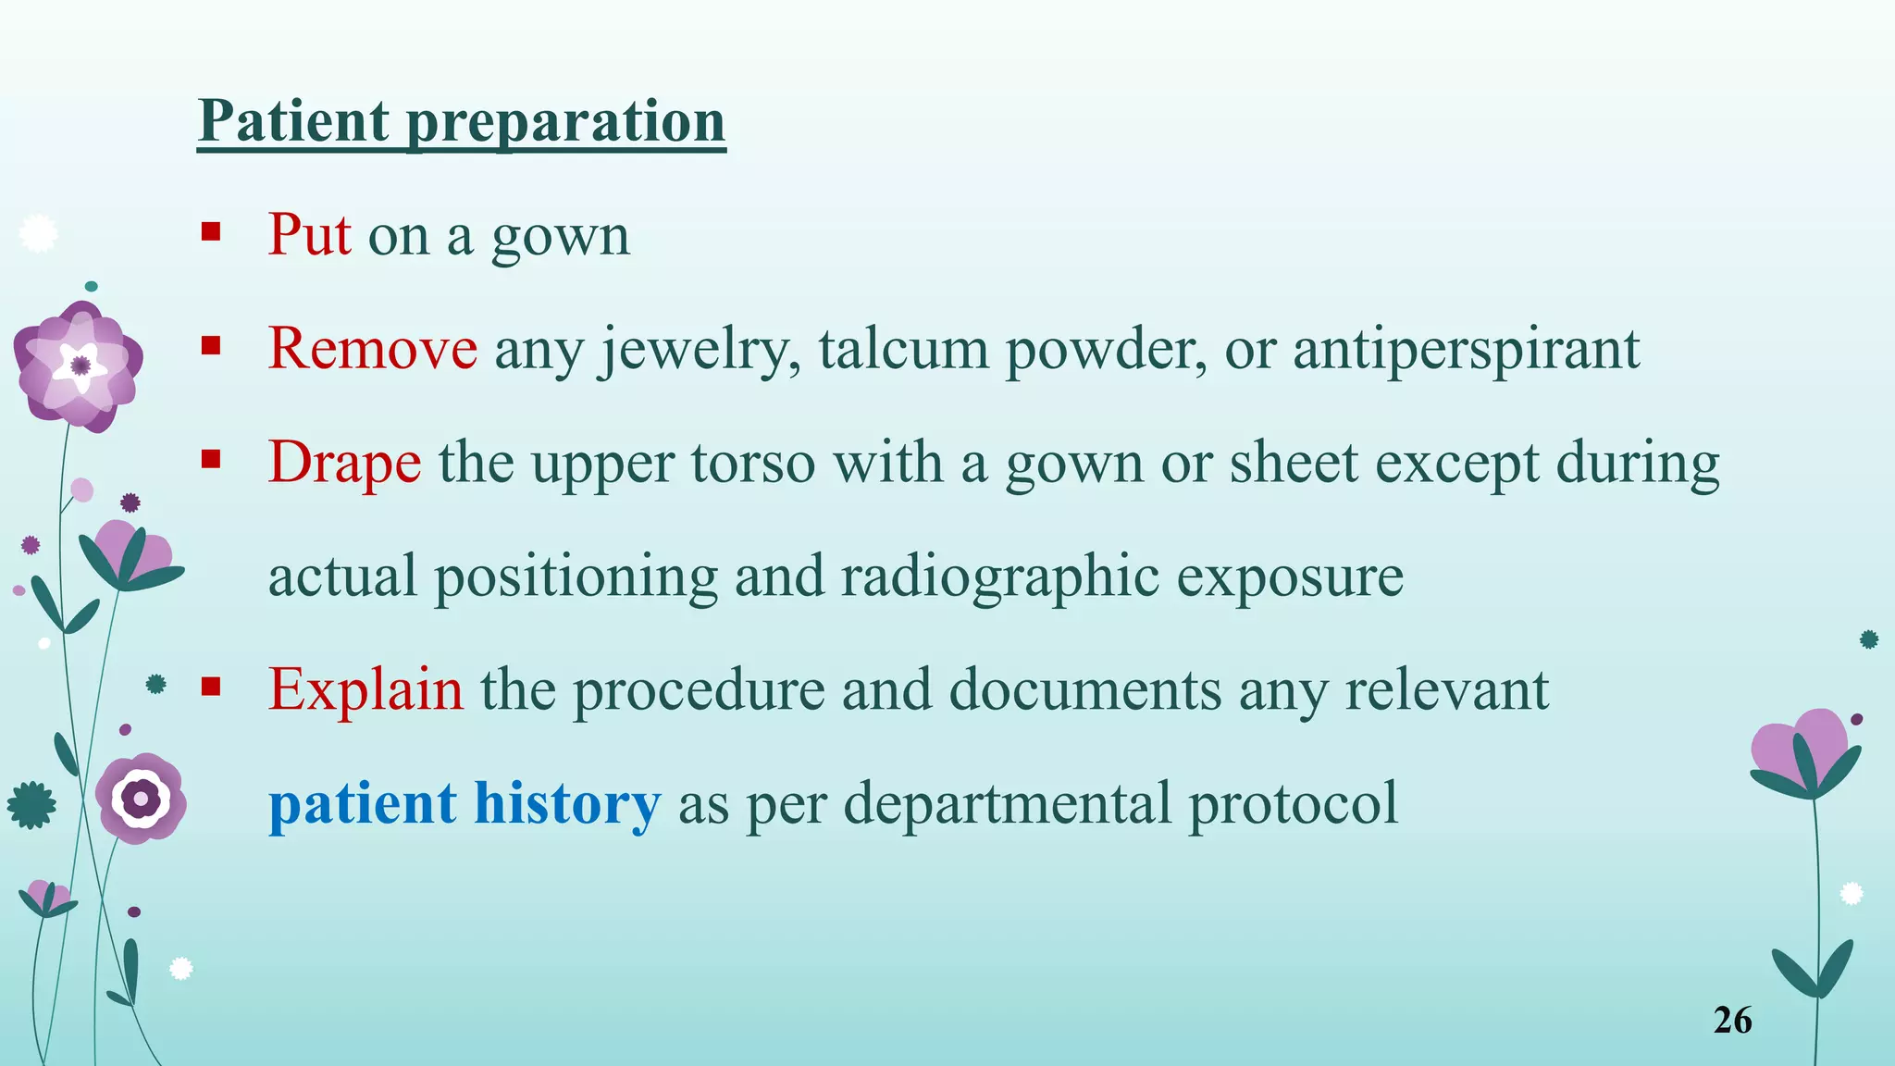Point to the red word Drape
(x=344, y=462)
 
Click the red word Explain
(x=365, y=689)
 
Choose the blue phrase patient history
(x=464, y=802)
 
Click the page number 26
(x=1732, y=1020)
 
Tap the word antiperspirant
(x=1466, y=350)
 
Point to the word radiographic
(x=1000, y=576)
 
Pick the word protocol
(x=1293, y=802)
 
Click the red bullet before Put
(x=211, y=230)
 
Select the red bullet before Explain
(x=211, y=686)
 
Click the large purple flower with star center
(x=80, y=366)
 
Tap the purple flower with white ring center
(x=142, y=798)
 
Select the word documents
(x=1085, y=689)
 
